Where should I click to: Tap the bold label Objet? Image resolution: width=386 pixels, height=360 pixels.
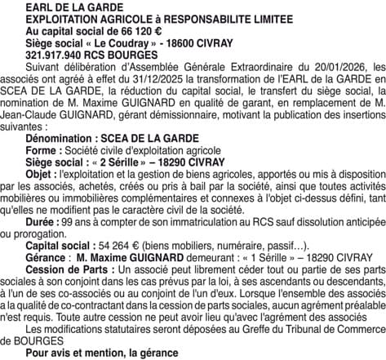pyautogui.click(x=40, y=176)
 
